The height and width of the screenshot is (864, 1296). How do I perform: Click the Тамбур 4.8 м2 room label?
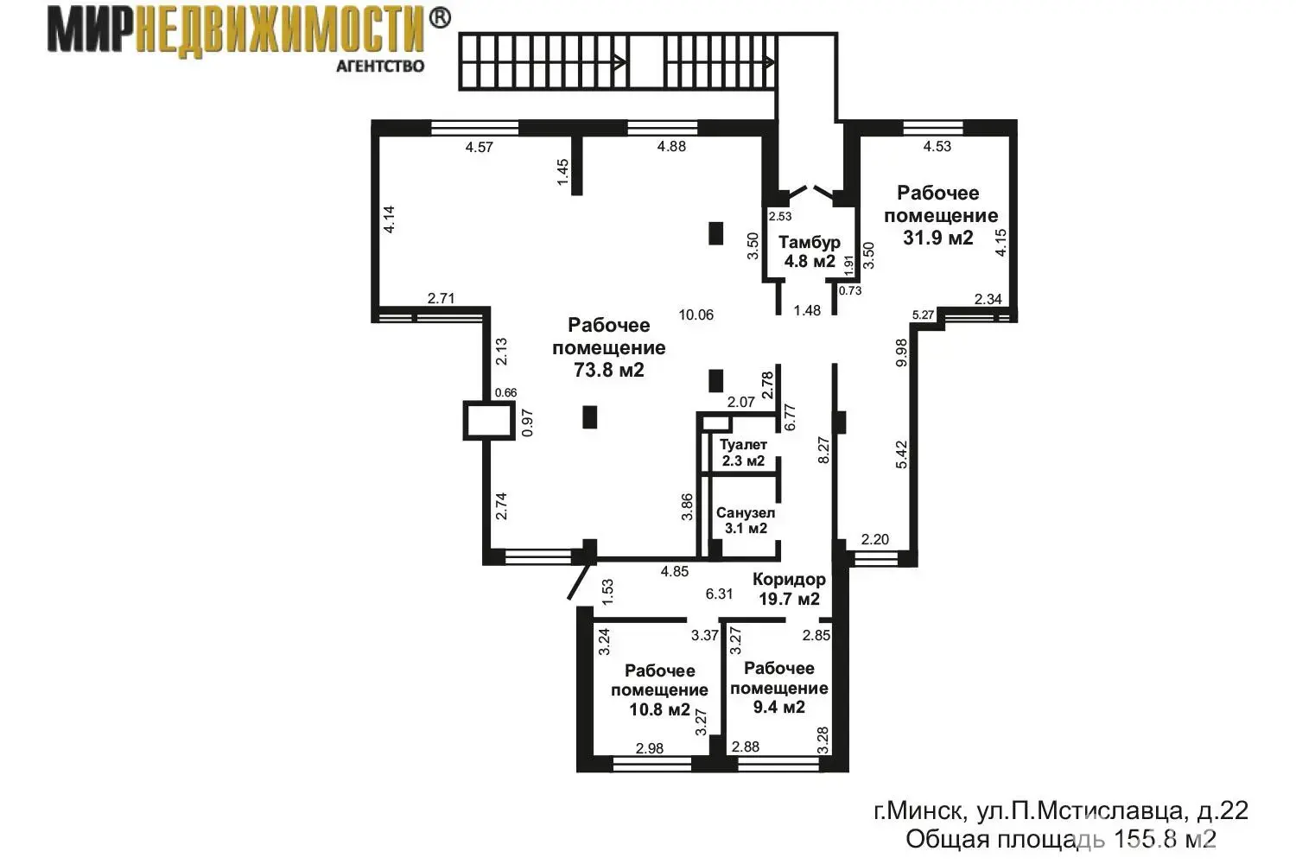809,251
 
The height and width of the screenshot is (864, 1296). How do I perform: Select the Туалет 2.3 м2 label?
743,453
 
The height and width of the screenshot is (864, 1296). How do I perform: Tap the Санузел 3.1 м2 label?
746,520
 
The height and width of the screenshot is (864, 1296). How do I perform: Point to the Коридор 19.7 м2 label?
789,588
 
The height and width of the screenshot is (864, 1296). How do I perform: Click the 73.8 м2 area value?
609,371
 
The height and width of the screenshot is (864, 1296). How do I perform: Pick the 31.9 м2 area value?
938,238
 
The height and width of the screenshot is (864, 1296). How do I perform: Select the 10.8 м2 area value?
659,710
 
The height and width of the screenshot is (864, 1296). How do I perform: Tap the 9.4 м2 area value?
778,707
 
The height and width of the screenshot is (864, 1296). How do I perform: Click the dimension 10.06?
696,314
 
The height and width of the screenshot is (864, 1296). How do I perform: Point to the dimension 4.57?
479,147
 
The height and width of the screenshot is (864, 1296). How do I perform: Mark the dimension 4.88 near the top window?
671,146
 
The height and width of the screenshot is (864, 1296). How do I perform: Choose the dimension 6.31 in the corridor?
719,594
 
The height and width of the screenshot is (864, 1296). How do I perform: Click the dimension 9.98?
902,353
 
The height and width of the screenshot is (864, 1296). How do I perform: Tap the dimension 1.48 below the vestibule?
807,310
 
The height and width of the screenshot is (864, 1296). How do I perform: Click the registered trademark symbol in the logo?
439,18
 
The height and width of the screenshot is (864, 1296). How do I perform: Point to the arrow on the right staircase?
766,61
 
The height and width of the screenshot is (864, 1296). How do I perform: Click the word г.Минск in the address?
919,810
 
